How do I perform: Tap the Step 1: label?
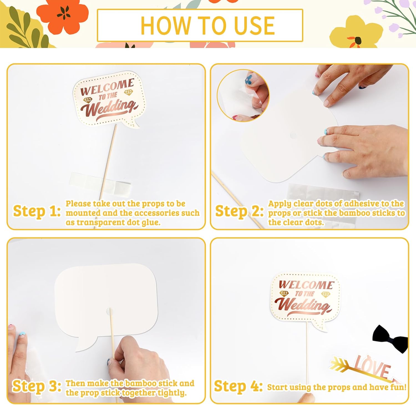pyautogui.click(x=37, y=211)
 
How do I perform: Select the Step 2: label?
pyautogui.click(x=239, y=211)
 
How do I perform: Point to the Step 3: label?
pyautogui.click(x=37, y=386)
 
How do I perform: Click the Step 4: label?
pyautogui.click(x=238, y=386)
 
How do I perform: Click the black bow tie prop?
pyautogui.click(x=390, y=339)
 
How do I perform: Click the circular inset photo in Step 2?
pyautogui.click(x=243, y=95)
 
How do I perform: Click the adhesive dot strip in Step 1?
pyautogui.click(x=99, y=184)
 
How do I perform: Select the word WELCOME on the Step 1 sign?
pyautogui.click(x=107, y=87)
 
